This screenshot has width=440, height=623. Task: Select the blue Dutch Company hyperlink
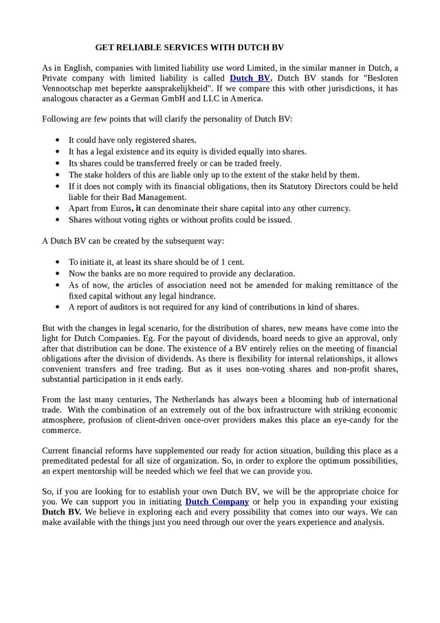pyautogui.click(x=217, y=501)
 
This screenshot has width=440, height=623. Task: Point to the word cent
pyautogui.click(x=234, y=262)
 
